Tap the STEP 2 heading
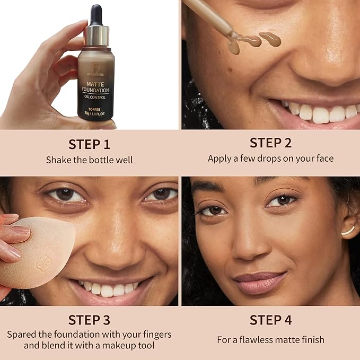(270, 143)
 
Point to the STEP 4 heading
(270, 320)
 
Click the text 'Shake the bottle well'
(89, 160)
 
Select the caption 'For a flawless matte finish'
(270, 339)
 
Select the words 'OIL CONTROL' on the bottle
(95, 98)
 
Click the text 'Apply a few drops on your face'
(270, 159)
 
